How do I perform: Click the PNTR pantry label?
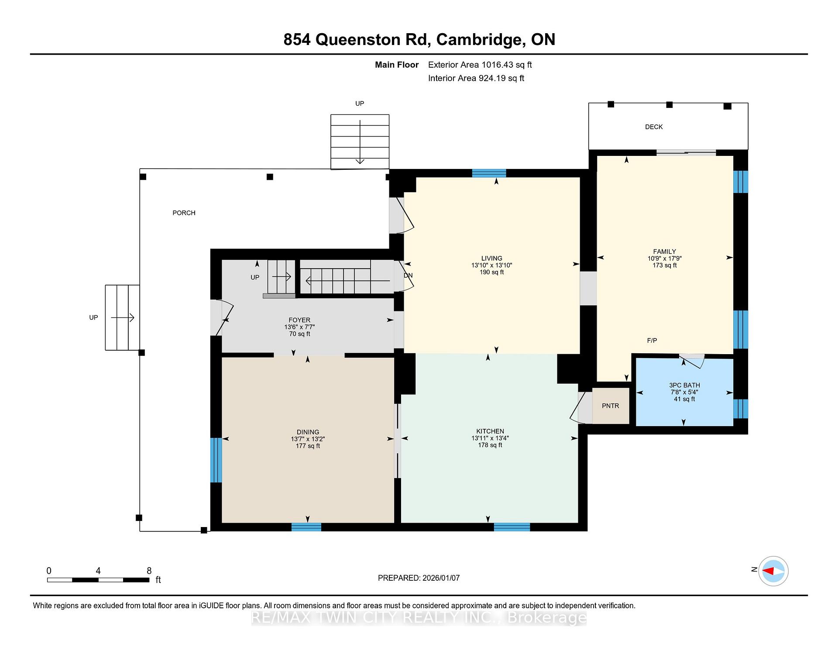[x=610, y=406]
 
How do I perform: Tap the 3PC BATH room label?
[x=684, y=385]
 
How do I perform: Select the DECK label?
[x=654, y=127]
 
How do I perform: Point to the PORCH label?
[x=184, y=213]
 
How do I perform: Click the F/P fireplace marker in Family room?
[x=652, y=341]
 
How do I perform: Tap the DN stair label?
[x=408, y=276]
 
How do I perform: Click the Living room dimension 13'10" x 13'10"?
[x=491, y=265]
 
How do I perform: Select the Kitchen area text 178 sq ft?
[x=490, y=445]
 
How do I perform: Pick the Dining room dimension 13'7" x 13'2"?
[x=308, y=439]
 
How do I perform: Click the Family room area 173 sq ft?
[x=664, y=265]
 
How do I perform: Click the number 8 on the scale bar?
[x=149, y=571]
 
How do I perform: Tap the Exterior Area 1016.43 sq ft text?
[x=480, y=65]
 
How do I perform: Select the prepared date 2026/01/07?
[x=441, y=578]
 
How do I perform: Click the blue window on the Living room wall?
[x=489, y=173]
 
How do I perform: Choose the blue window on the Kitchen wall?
[x=512, y=527]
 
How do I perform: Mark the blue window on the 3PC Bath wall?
[x=741, y=409]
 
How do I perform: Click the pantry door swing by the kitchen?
[x=580, y=408]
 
